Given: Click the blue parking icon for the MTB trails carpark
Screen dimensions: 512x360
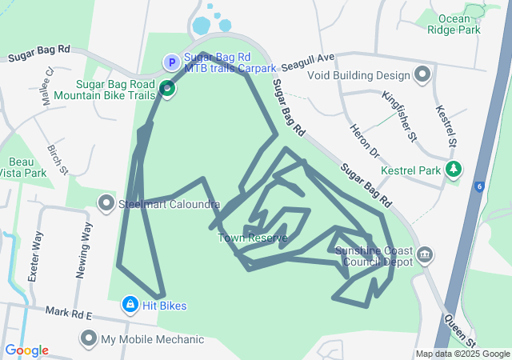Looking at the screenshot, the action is pos(171,62).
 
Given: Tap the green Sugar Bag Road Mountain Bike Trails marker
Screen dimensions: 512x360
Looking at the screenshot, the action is pos(167,89).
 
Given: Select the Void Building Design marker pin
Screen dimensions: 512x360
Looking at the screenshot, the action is pos(422,76).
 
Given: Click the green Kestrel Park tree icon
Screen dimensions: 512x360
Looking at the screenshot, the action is pos(454,170).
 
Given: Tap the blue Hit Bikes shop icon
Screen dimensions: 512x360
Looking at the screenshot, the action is pos(130,305).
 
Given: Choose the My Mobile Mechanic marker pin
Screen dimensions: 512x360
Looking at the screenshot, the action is pos(88,339).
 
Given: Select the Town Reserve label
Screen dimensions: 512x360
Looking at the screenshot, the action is pos(252,238).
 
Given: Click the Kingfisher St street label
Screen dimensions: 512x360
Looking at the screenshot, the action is pos(399,117).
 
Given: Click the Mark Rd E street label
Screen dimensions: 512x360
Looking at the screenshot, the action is pos(70,313).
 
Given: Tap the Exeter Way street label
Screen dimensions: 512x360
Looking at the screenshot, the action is pos(35,256).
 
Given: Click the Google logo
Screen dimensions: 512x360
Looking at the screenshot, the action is pos(26,350).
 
